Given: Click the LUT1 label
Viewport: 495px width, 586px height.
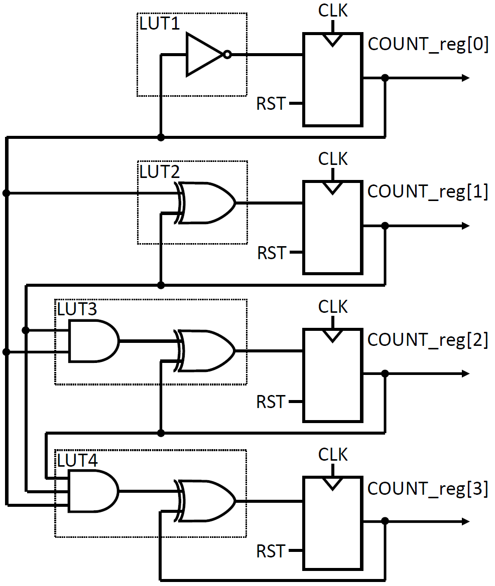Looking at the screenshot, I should coord(159,24).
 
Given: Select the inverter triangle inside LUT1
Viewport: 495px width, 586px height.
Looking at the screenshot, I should coord(203,55).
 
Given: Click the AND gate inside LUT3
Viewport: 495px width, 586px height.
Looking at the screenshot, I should coord(93,341).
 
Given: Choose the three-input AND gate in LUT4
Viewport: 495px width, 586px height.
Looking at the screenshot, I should coord(93,490).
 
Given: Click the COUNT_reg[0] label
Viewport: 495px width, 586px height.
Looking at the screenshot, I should coord(428,44).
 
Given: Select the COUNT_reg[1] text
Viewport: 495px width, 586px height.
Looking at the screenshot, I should coord(428,192).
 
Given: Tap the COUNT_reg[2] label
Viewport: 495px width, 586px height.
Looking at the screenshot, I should coord(428,340).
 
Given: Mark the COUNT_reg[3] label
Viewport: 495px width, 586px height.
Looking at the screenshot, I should coord(428,489).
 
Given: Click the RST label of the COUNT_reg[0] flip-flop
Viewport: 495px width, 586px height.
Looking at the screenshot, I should coord(271,104).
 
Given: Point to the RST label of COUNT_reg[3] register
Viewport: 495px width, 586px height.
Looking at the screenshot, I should coord(271,551).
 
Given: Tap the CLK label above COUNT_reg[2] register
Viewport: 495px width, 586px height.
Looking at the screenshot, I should coord(333,306).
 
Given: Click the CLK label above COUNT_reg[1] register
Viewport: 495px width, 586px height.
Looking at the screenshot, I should coord(333,159).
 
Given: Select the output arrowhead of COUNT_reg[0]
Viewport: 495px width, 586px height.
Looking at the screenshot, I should coord(465,78).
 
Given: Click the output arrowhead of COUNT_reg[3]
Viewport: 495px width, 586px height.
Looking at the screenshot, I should coord(465,522).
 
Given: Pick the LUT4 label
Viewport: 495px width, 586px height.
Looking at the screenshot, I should coord(77,460).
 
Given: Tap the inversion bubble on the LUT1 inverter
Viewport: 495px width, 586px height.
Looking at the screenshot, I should coord(227,55).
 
